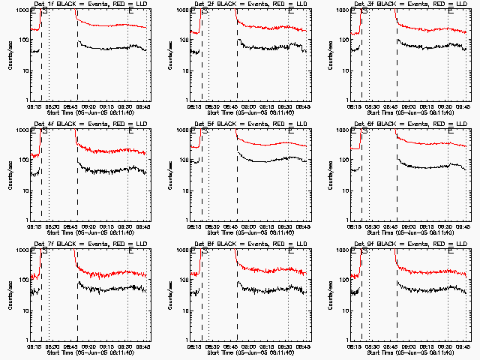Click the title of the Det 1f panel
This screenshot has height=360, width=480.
(x=88, y=4)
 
